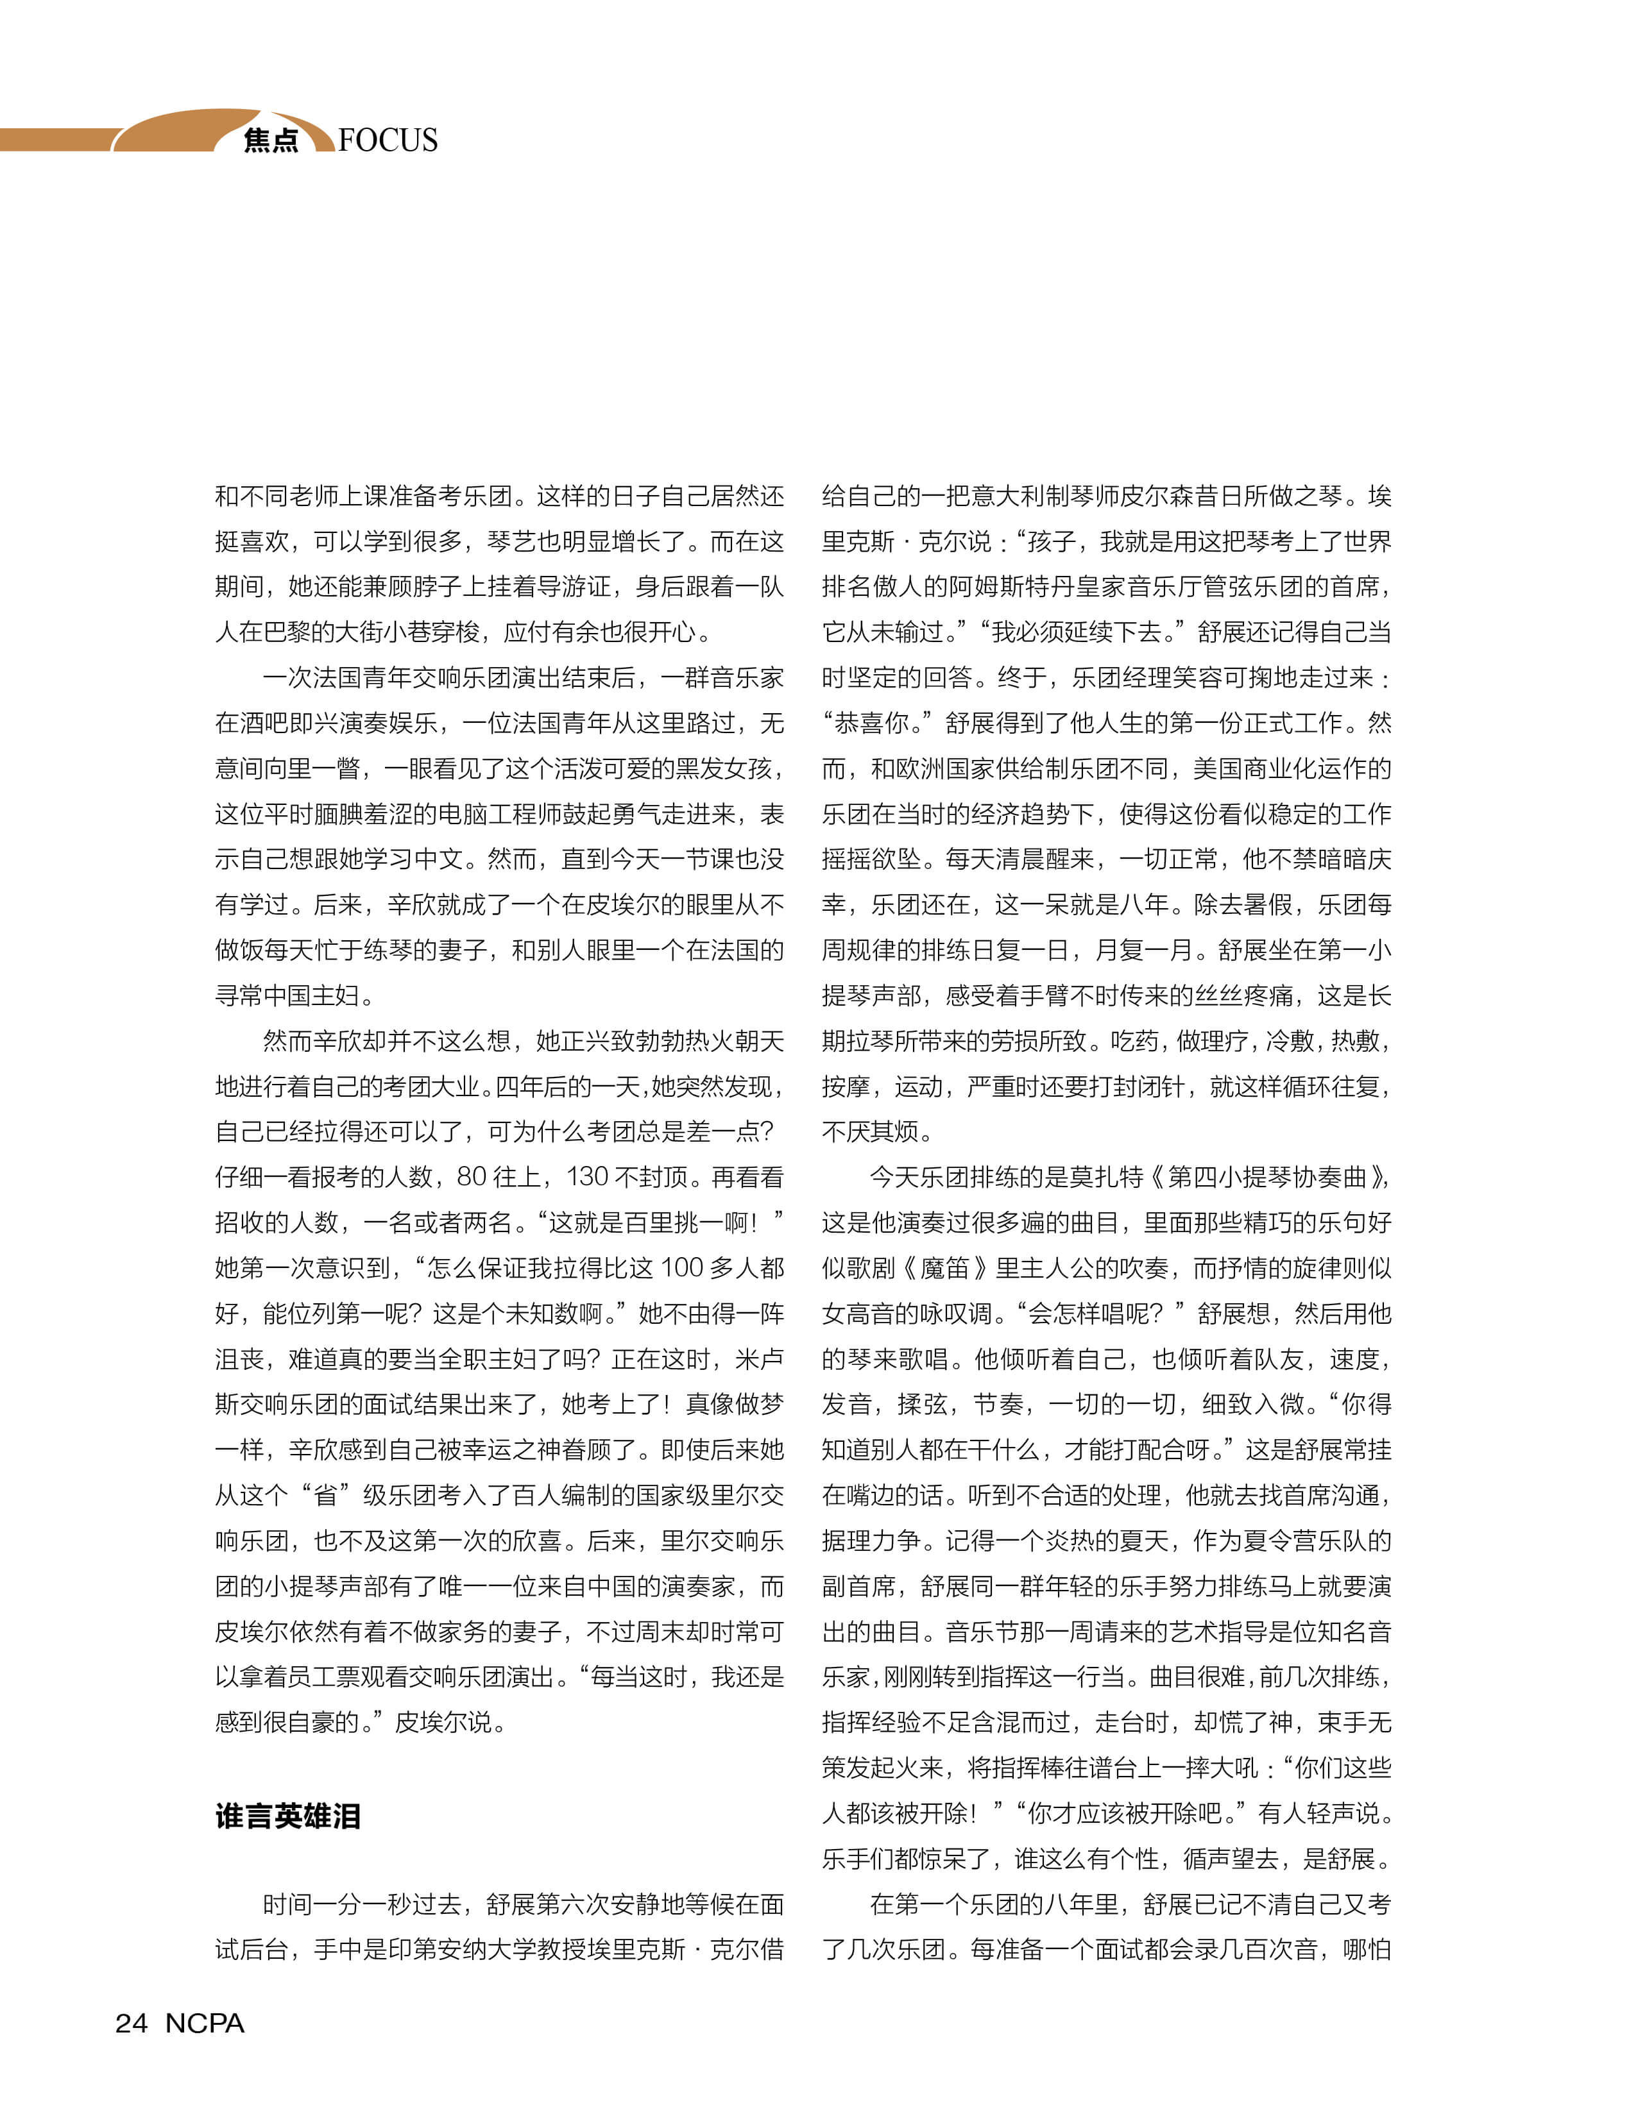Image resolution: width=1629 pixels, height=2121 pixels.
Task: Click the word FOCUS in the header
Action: [x=388, y=140]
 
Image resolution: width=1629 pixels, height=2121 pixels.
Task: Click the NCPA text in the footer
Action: [x=205, y=2023]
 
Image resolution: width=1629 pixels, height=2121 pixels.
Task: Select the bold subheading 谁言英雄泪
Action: [x=288, y=1816]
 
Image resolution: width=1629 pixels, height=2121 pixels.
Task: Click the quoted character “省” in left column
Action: [x=326, y=1495]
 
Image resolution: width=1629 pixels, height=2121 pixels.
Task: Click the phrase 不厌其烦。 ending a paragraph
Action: [x=878, y=1131]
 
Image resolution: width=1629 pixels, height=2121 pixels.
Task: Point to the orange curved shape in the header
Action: [x=184, y=131]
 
